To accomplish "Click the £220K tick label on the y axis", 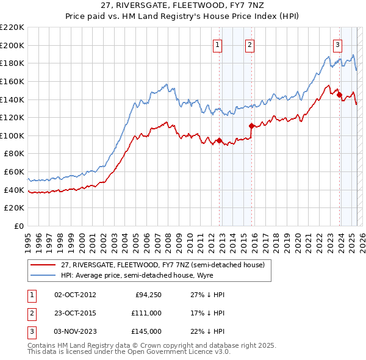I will point(12,27).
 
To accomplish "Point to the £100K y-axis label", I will point(12,135).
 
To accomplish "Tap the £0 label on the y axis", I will point(20,226).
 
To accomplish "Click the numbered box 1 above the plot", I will point(218,44).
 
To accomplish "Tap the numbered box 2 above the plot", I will point(251,44).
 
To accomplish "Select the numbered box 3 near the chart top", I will point(337,44).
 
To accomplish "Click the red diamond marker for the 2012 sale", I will point(219,141).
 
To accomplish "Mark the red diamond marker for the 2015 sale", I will point(251,126).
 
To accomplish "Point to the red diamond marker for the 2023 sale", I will point(339,95).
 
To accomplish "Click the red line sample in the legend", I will point(44,265).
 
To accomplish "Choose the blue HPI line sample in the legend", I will point(44,275).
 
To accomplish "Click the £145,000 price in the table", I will point(146,331).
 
